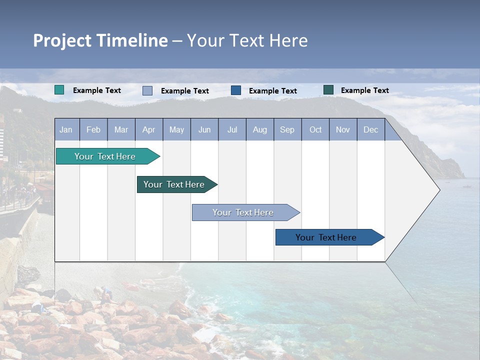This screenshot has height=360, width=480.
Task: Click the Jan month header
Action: (66, 130)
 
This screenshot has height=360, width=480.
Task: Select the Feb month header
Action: (93, 130)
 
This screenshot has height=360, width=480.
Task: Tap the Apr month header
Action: (148, 130)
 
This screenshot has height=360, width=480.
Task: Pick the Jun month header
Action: (204, 130)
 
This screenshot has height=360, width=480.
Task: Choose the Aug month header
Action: (259, 130)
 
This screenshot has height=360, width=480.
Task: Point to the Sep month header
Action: (287, 130)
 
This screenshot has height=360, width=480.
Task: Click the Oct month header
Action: (315, 130)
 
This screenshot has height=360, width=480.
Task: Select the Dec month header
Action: (370, 130)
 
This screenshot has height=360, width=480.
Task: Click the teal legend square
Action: (59, 90)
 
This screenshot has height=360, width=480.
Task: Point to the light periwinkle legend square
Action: (147, 90)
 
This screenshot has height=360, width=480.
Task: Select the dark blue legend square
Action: (236, 90)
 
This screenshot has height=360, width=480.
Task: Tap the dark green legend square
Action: (328, 90)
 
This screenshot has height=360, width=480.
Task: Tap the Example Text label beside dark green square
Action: (364, 90)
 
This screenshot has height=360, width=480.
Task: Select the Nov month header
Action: (343, 130)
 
